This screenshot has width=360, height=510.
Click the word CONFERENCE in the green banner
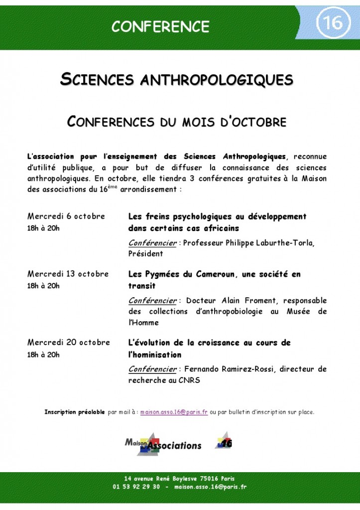[160, 26]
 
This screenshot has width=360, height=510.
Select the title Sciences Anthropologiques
[177, 80]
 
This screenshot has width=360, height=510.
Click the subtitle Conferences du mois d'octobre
[177, 122]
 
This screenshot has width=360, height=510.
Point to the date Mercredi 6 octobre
[66, 216]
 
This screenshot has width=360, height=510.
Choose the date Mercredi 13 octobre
[68, 274]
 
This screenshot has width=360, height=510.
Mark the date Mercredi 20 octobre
[69, 343]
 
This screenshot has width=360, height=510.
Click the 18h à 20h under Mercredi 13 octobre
[43, 286]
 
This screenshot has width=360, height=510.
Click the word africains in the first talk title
[218, 229]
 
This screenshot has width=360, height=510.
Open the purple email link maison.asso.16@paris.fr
[174, 412]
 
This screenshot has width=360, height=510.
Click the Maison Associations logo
[163, 442]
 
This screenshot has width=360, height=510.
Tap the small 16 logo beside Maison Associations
[224, 441]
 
